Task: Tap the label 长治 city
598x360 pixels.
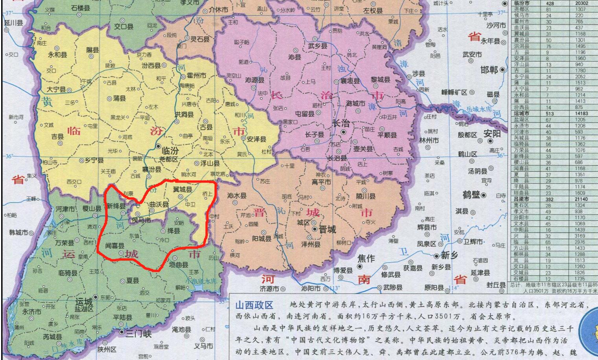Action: click(340, 122)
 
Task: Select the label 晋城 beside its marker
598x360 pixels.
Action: click(327, 229)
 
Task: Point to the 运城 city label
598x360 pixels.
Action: click(84, 302)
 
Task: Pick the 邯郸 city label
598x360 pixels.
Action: click(489, 70)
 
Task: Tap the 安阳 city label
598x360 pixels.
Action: click(492, 134)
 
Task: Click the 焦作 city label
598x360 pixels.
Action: click(366, 258)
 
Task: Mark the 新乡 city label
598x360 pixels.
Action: click(449, 255)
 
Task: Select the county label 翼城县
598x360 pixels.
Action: click(182, 189)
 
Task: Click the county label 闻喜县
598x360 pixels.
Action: click(115, 246)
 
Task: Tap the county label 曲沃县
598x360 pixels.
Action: click(159, 205)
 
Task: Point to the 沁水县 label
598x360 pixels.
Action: click(237, 196)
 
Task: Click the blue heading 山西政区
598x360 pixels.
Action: click(254, 305)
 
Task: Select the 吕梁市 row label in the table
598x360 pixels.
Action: click(521, 199)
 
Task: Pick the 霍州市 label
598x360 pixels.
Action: click(196, 75)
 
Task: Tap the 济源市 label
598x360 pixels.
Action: click(269, 289)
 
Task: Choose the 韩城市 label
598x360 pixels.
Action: click(19, 233)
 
